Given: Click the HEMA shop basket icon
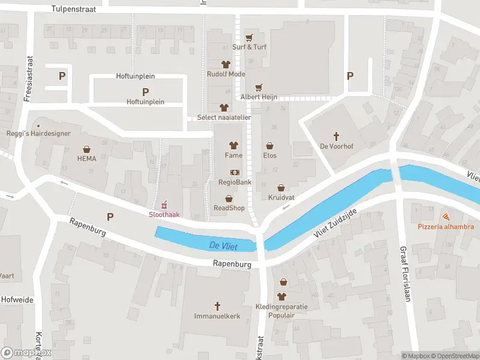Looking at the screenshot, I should pyautogui.click(x=86, y=149).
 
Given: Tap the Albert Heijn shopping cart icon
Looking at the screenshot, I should pyautogui.click(x=259, y=88).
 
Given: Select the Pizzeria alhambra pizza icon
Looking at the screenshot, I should pyautogui.click(x=446, y=217).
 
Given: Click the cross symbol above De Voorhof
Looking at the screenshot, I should pyautogui.click(x=336, y=136).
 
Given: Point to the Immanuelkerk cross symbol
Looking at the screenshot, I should pyautogui.click(x=218, y=305).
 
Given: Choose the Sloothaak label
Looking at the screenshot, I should pyautogui.click(x=164, y=214).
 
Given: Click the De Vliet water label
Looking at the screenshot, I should pyautogui.click(x=222, y=245).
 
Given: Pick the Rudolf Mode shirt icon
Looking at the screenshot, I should pyautogui.click(x=226, y=64).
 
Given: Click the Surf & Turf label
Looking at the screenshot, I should pyautogui.click(x=249, y=47).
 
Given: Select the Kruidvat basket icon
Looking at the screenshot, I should pyautogui.click(x=281, y=188).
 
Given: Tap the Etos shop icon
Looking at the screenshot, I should pyautogui.click(x=270, y=145).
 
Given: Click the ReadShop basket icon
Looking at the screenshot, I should pyautogui.click(x=229, y=199).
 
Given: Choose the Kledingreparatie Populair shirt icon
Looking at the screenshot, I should pyautogui.click(x=281, y=296).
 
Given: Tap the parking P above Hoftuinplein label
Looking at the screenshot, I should pyautogui.click(x=145, y=92).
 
